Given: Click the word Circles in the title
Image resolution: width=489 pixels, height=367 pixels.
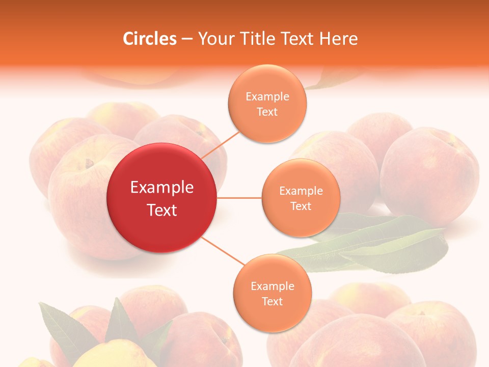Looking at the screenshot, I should click(x=150, y=39).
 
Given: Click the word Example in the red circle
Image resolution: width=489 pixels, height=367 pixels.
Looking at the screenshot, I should click(x=162, y=188).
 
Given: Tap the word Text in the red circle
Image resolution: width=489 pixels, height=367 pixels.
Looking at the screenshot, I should click(x=162, y=210).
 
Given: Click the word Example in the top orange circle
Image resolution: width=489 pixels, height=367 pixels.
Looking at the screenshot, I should click(x=267, y=97).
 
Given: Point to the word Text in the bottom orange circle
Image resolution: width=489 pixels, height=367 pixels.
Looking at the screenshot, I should click(x=272, y=302).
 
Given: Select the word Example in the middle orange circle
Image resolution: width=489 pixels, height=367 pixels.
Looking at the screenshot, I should click(x=301, y=191).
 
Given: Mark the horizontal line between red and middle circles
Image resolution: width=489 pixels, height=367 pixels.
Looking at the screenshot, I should click(x=239, y=198).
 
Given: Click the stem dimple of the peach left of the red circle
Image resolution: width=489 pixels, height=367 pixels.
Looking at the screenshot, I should click(x=90, y=164).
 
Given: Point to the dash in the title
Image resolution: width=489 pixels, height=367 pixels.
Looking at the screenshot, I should click(x=187, y=39).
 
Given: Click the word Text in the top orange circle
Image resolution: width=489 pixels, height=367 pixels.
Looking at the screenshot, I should click(x=267, y=112).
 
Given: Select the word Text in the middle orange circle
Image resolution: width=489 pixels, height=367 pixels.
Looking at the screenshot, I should click(x=301, y=206).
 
